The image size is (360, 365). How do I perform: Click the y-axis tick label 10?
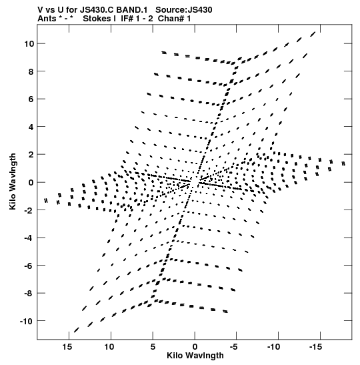29,43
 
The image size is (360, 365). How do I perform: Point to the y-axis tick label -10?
26,321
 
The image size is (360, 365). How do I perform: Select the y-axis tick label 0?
31,183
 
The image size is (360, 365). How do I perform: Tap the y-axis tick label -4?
29,238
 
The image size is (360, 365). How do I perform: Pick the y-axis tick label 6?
31,99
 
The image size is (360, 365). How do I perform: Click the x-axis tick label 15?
67,347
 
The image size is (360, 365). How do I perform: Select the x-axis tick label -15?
315,347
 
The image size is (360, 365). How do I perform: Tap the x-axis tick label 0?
195,347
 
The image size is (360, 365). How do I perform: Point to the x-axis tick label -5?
233,347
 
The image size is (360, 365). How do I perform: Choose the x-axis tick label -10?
273,347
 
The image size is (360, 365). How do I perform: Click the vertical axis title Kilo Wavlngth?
13,181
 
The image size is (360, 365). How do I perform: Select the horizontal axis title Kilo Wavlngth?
195,356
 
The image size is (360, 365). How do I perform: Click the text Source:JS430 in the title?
184,10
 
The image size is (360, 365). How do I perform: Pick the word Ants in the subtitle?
47,19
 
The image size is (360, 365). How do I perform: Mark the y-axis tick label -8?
29,294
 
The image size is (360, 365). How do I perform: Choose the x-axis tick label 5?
153,347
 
